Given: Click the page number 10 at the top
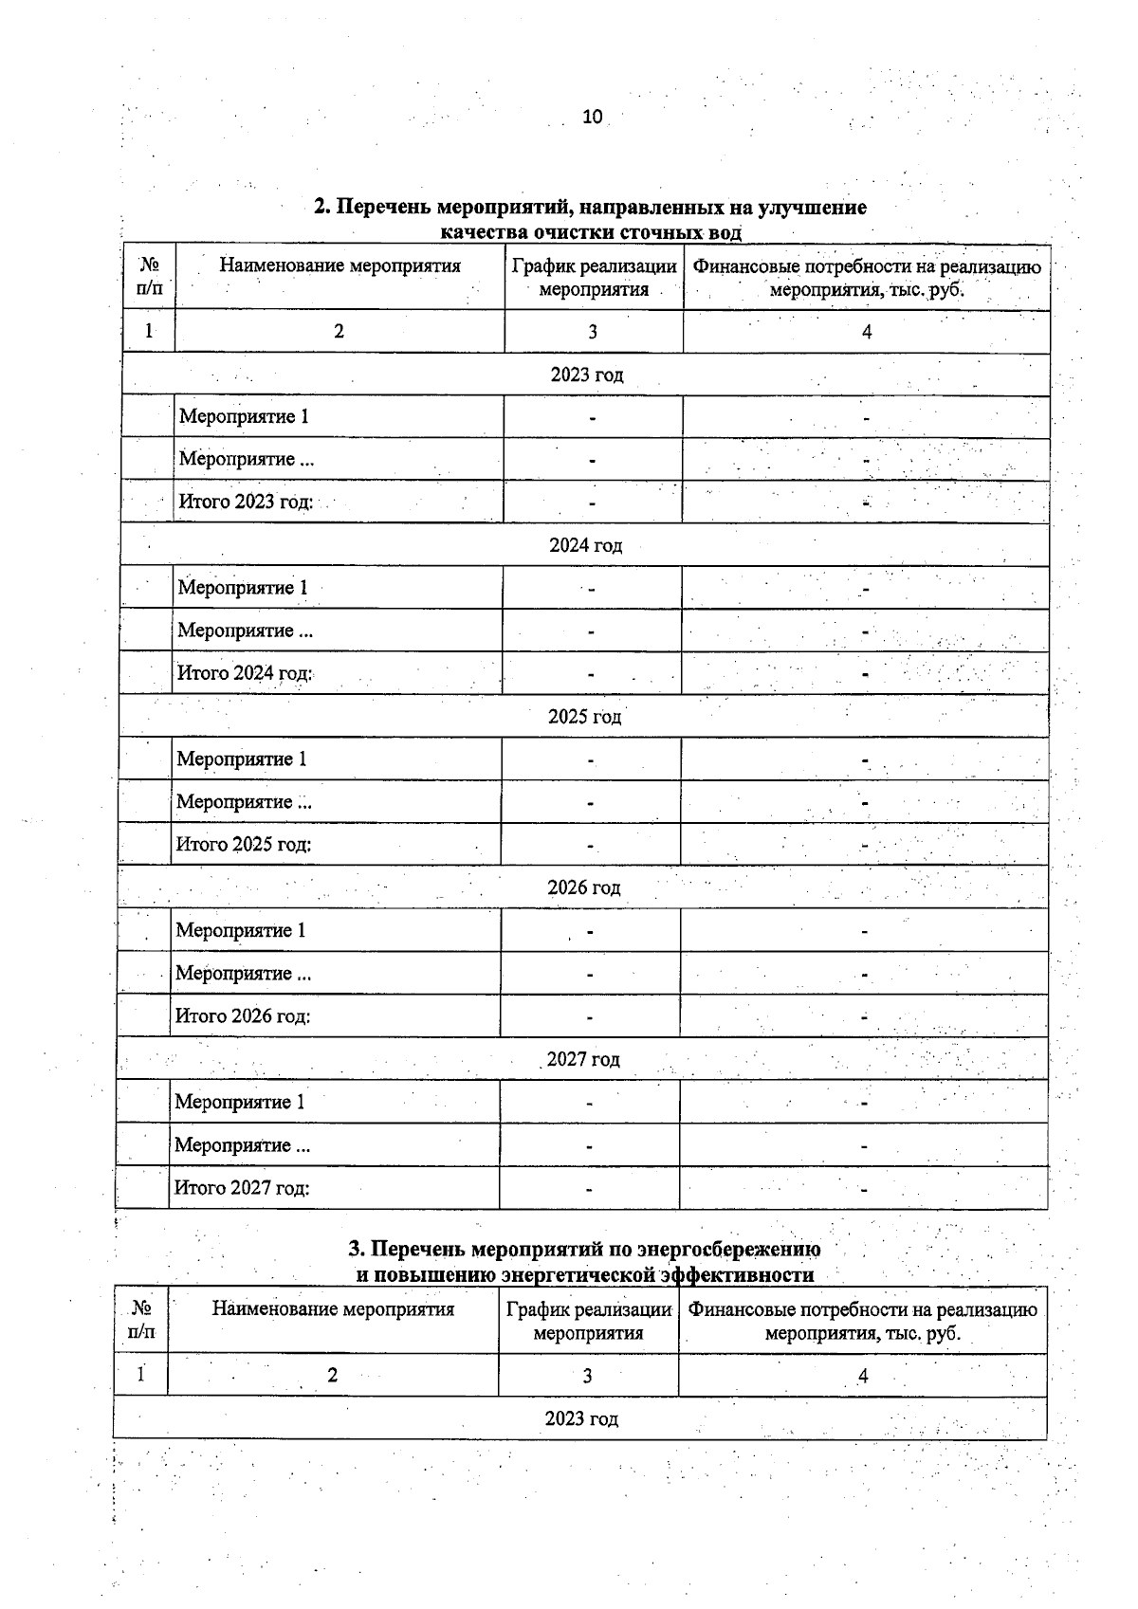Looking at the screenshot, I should click(x=592, y=117).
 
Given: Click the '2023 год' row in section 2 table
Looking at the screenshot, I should click(x=587, y=375).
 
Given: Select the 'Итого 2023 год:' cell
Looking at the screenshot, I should click(x=246, y=502).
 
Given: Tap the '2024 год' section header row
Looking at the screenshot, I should click(x=585, y=545).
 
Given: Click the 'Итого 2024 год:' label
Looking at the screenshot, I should click(x=245, y=673).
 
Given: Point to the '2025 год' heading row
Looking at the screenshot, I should click(x=584, y=717).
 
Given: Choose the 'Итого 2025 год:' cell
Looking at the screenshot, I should click(x=244, y=844).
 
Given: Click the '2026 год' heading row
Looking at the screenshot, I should click(x=583, y=888).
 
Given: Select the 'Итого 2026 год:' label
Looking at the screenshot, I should click(x=243, y=1016).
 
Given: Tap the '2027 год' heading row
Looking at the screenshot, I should click(x=582, y=1059).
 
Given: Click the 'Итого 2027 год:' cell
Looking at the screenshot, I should click(x=242, y=1187).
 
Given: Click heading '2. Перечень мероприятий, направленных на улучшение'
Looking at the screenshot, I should click(x=590, y=207).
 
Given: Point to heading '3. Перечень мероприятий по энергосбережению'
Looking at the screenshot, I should click(x=585, y=1249).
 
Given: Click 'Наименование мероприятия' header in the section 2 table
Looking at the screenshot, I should click(x=340, y=265).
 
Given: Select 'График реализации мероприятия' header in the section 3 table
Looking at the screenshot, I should click(x=588, y=1321).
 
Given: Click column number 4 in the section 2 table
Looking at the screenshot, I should click(x=866, y=332).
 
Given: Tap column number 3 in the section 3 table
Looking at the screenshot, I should click(x=587, y=1376).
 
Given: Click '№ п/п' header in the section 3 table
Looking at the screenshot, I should click(x=140, y=1320).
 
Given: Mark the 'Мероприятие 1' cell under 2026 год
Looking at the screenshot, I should click(x=241, y=930).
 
